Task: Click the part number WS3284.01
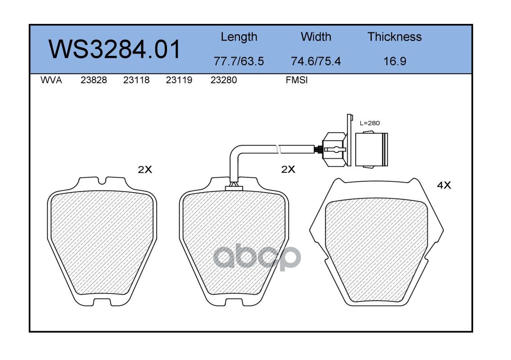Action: pos(114,49)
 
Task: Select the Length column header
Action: pos(239,37)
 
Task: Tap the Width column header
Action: pos(316,36)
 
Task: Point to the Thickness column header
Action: pos(394,36)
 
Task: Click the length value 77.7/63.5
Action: pos(239,61)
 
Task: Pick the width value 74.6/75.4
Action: pos(316,61)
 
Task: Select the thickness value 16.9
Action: pos(395,61)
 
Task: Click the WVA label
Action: pos(51,80)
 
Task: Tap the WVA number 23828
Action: pos(94,80)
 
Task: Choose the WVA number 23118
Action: pos(136,80)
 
